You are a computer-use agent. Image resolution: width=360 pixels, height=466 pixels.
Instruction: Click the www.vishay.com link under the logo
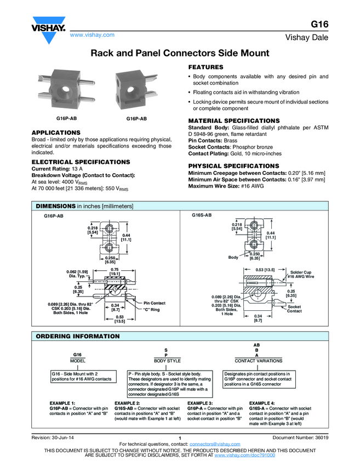click(92, 35)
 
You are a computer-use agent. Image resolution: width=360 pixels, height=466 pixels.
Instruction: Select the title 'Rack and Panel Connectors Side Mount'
click(180, 53)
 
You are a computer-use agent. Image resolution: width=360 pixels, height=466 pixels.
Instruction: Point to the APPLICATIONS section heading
click(56, 133)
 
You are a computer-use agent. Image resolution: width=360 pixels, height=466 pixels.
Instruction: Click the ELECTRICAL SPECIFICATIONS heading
click(81, 162)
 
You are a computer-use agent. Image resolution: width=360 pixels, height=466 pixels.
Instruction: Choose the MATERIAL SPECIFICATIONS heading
click(233, 120)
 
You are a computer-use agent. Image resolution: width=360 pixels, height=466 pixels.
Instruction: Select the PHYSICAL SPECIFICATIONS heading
click(233, 166)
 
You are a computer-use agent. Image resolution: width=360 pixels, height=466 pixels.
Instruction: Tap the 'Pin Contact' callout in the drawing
click(154, 303)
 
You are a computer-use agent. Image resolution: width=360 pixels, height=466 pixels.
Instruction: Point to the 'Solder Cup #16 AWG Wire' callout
click(301, 274)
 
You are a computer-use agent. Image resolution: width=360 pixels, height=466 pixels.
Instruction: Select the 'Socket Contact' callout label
click(294, 309)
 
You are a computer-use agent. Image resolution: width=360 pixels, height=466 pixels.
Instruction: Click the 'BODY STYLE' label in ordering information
click(167, 361)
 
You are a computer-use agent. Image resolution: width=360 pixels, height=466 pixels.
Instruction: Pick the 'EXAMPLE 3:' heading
click(200, 403)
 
